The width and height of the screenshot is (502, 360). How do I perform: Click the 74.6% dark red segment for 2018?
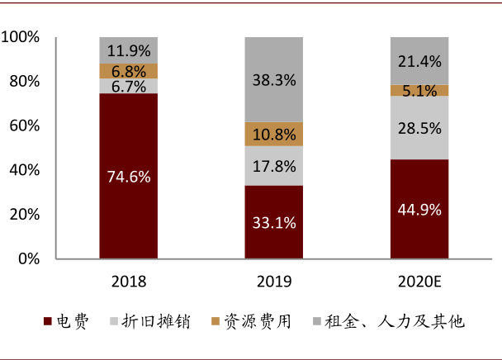pyautogui.click(x=128, y=176)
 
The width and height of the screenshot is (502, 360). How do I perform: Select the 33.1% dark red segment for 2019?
pyautogui.click(x=274, y=221)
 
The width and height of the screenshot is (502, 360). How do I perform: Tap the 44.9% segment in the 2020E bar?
pyautogui.click(x=419, y=208)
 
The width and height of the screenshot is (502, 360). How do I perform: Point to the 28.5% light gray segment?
pyautogui.click(x=419, y=127)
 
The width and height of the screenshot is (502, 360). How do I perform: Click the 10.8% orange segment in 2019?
pyautogui.click(x=274, y=134)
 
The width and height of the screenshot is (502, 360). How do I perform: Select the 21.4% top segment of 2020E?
pyautogui.click(x=419, y=60)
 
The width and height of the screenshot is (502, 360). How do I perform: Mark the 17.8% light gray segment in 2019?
pyautogui.click(x=274, y=165)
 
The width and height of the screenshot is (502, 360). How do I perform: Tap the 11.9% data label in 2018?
pyautogui.click(x=128, y=50)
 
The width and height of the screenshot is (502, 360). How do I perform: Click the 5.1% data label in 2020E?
pyautogui.click(x=419, y=91)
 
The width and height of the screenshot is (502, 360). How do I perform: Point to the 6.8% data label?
pyautogui.click(x=128, y=71)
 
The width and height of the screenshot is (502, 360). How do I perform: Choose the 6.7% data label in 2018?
pyautogui.click(x=128, y=86)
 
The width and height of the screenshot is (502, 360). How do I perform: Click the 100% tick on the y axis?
pyautogui.click(x=21, y=37)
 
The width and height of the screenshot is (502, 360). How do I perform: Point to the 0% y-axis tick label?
pyautogui.click(x=27, y=258)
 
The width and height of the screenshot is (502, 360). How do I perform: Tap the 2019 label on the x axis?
pyautogui.click(x=274, y=282)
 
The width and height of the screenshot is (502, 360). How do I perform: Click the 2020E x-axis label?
pyautogui.click(x=419, y=282)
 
